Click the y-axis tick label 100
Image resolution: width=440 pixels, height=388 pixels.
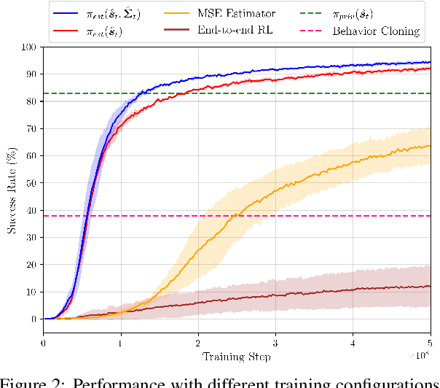[x=28, y=47]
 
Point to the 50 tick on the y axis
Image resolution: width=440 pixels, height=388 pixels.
[x=31, y=183]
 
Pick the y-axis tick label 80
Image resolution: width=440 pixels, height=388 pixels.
[x=31, y=101]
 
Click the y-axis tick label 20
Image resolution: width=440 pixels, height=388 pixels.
[x=31, y=265]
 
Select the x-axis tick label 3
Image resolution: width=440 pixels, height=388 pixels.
[x=275, y=344]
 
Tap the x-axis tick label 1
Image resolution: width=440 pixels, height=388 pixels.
[x=121, y=344]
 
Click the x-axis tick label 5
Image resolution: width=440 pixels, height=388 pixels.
[x=430, y=344]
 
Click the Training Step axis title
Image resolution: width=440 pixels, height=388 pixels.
[x=237, y=357]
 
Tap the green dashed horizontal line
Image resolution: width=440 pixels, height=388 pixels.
[x=291, y=93]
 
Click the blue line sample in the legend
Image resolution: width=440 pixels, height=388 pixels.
[x=66, y=12]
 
